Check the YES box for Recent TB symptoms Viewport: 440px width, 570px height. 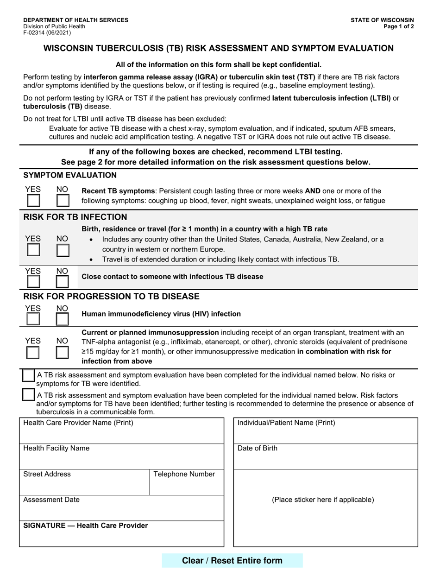[x=33, y=201]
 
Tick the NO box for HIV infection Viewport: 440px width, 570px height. [x=62, y=319]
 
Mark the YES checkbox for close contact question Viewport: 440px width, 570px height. [x=33, y=282]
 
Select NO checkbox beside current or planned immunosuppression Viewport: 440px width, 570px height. [x=62, y=353]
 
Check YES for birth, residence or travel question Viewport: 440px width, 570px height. [x=33, y=250]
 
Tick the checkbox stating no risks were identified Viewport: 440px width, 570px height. [x=29, y=376]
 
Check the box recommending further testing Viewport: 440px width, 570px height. [x=29, y=395]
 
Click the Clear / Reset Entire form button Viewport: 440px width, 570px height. [x=232, y=560]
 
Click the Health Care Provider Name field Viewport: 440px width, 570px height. [x=121, y=435]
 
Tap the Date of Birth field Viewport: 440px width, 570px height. [x=325, y=460]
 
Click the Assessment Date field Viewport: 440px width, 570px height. [x=121, y=511]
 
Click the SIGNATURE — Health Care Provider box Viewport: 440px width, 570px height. [x=121, y=537]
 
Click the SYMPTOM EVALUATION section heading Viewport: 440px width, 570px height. [x=70, y=175]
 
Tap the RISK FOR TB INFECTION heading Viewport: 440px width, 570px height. [x=75, y=217]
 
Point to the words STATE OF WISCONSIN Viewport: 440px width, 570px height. [x=382, y=20]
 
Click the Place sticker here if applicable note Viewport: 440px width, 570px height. [x=323, y=500]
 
